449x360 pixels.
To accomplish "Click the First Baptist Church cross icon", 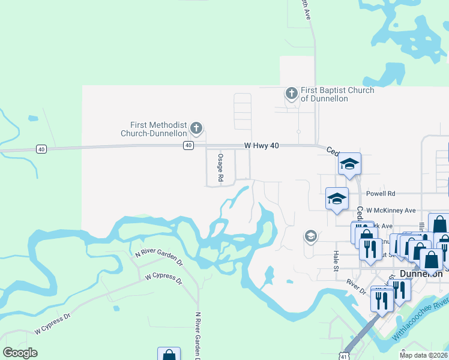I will click(x=291, y=93).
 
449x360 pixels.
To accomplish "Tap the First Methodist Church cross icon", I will click(x=196, y=127).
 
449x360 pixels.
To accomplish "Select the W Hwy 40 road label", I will click(x=263, y=145).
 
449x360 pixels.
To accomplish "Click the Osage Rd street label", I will click(x=220, y=168).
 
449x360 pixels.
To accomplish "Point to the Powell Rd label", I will click(x=382, y=194).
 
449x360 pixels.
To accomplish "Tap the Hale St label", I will click(x=337, y=261).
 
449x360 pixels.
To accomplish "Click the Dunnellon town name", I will click(x=421, y=274).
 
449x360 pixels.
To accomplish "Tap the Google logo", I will click(x=20, y=353).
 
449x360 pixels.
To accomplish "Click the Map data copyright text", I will click(x=423, y=355).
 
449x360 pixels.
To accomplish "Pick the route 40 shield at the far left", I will click(x=41, y=149).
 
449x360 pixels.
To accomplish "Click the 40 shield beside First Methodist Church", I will click(x=188, y=145).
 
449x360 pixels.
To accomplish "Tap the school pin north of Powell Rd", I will click(x=349, y=165).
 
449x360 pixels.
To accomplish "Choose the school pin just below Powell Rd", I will click(x=337, y=198).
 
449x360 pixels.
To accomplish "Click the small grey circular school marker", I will click(x=310, y=236).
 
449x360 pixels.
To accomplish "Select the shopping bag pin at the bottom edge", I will click(x=169, y=354).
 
